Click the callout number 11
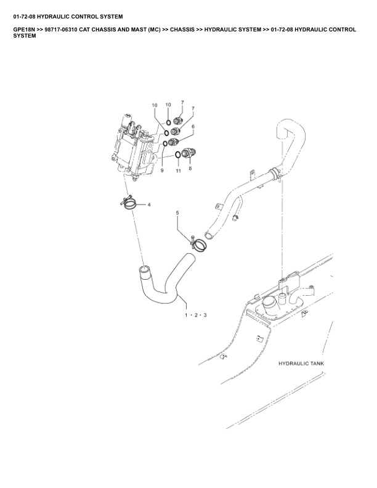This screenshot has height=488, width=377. (178, 171)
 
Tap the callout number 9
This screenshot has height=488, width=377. (162, 171)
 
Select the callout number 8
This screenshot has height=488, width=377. (190, 168)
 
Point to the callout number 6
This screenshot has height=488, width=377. (193, 127)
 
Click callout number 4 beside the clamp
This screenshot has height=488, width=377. (149, 205)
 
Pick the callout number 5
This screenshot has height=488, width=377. (177, 213)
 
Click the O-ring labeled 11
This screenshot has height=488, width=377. (177, 155)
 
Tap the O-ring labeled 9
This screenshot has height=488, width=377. (165, 144)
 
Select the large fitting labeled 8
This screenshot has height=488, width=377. (188, 153)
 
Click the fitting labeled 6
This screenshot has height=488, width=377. (173, 142)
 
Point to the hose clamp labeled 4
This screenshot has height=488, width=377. (129, 203)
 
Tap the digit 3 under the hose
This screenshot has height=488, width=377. (205, 315)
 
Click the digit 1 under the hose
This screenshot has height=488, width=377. (186, 315)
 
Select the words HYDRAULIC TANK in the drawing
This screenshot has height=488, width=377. (301, 364)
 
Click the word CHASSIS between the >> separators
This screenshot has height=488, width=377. (182, 30)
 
